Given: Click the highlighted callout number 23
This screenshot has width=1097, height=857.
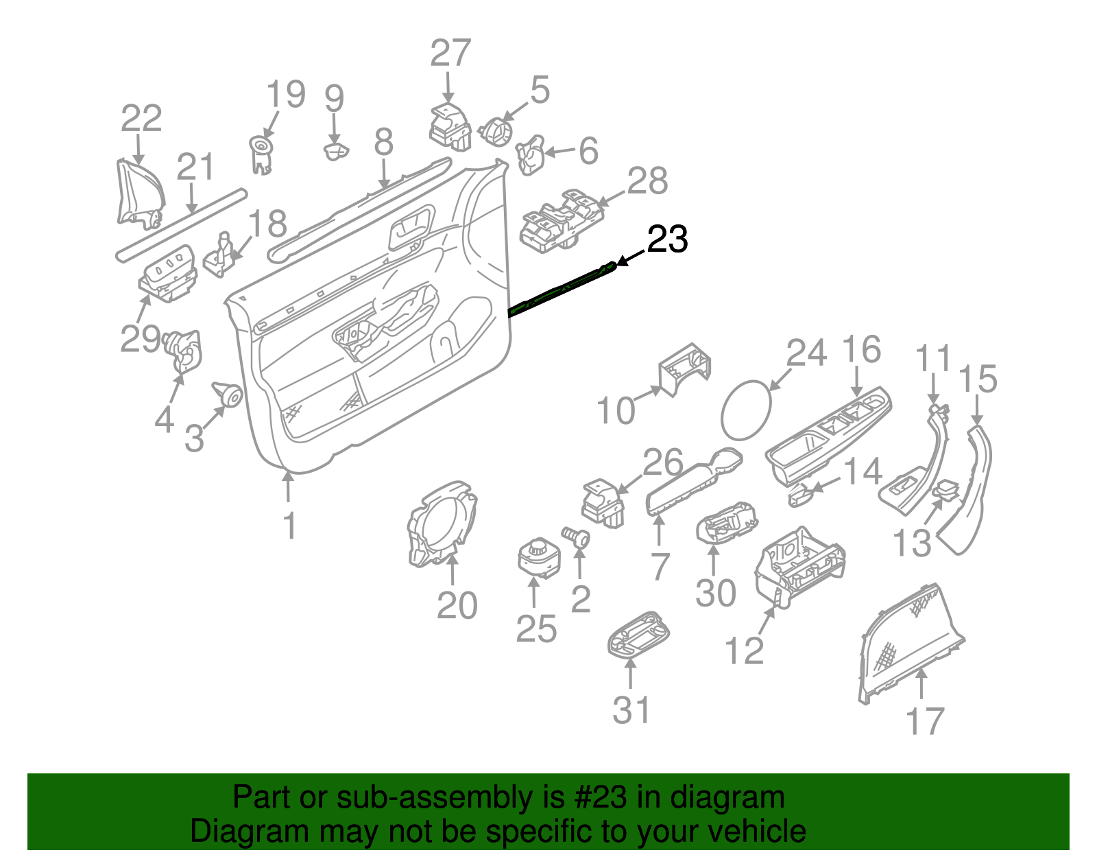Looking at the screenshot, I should point(667,239).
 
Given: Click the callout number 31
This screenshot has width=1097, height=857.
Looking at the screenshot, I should point(631,710).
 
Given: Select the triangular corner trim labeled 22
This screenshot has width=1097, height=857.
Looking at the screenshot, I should point(139,193).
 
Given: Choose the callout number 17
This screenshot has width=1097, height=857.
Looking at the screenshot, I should point(925,721).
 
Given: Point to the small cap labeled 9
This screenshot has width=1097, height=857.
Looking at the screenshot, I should point(335,150).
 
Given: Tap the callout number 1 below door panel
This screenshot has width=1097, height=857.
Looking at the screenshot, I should point(289,526).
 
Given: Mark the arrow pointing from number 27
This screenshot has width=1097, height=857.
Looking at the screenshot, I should point(448,89).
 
